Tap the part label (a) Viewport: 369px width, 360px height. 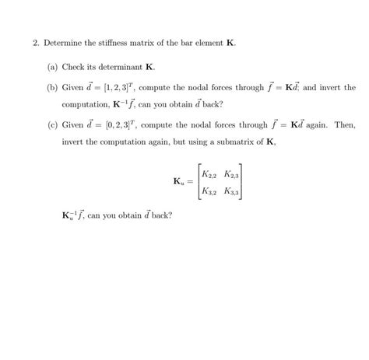[x=52, y=68]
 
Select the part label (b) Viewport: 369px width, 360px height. [x=52, y=88]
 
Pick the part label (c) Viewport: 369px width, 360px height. [x=52, y=125]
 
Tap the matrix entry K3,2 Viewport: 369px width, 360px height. [x=209, y=191]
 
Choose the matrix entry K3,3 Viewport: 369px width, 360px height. [x=231, y=191]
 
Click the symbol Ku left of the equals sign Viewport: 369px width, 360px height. [x=178, y=183]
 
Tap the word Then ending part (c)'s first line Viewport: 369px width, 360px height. [x=346, y=125]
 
